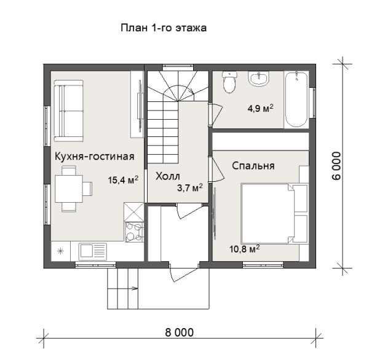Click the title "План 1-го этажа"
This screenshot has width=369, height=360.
coord(164,28)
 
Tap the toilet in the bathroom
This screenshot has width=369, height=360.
coord(229,82)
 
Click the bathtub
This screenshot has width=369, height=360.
coord(296,100)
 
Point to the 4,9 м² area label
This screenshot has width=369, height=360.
coord(260,108)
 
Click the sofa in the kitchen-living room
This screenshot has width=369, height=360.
coord(68,111)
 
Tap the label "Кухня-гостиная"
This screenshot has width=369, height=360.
coord(94,157)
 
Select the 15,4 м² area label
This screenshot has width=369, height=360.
coord(123,180)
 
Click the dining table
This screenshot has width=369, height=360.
coord(69,189)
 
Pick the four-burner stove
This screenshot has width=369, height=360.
coord(134,232)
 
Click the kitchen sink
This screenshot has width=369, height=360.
coord(92,251)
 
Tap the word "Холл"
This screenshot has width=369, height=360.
coord(168,176)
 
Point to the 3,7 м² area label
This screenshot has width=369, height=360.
coord(189,187)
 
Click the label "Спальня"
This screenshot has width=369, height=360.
coord(253,166)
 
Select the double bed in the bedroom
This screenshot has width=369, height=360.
coord(274,214)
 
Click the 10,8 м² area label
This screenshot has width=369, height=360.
coord(245,249)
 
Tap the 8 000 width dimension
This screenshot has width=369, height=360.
coord(180,332)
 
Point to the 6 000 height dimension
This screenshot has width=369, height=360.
coord(336,166)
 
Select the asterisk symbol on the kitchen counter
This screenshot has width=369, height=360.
coord(61,251)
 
